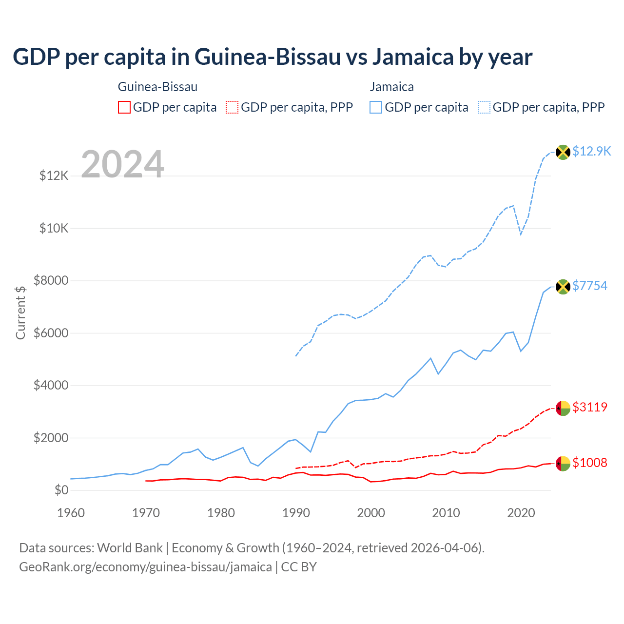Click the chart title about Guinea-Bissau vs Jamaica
(273, 57)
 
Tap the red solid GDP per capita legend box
(124, 107)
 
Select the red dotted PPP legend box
(232, 107)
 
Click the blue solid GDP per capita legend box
(376, 107)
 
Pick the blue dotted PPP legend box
(484, 107)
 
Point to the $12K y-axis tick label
(54, 175)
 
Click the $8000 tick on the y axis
(51, 280)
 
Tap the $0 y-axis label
(61, 490)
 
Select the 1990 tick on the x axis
(296, 513)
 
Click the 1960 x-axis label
(71, 513)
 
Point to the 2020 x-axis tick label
(521, 513)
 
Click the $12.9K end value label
(591, 152)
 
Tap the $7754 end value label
(590, 286)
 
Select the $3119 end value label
(590, 407)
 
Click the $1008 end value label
(590, 463)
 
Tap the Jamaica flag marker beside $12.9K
(563, 152)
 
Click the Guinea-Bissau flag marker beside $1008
(563, 464)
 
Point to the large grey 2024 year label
(122, 164)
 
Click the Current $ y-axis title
(20, 312)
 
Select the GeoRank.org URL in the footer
(145, 567)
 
